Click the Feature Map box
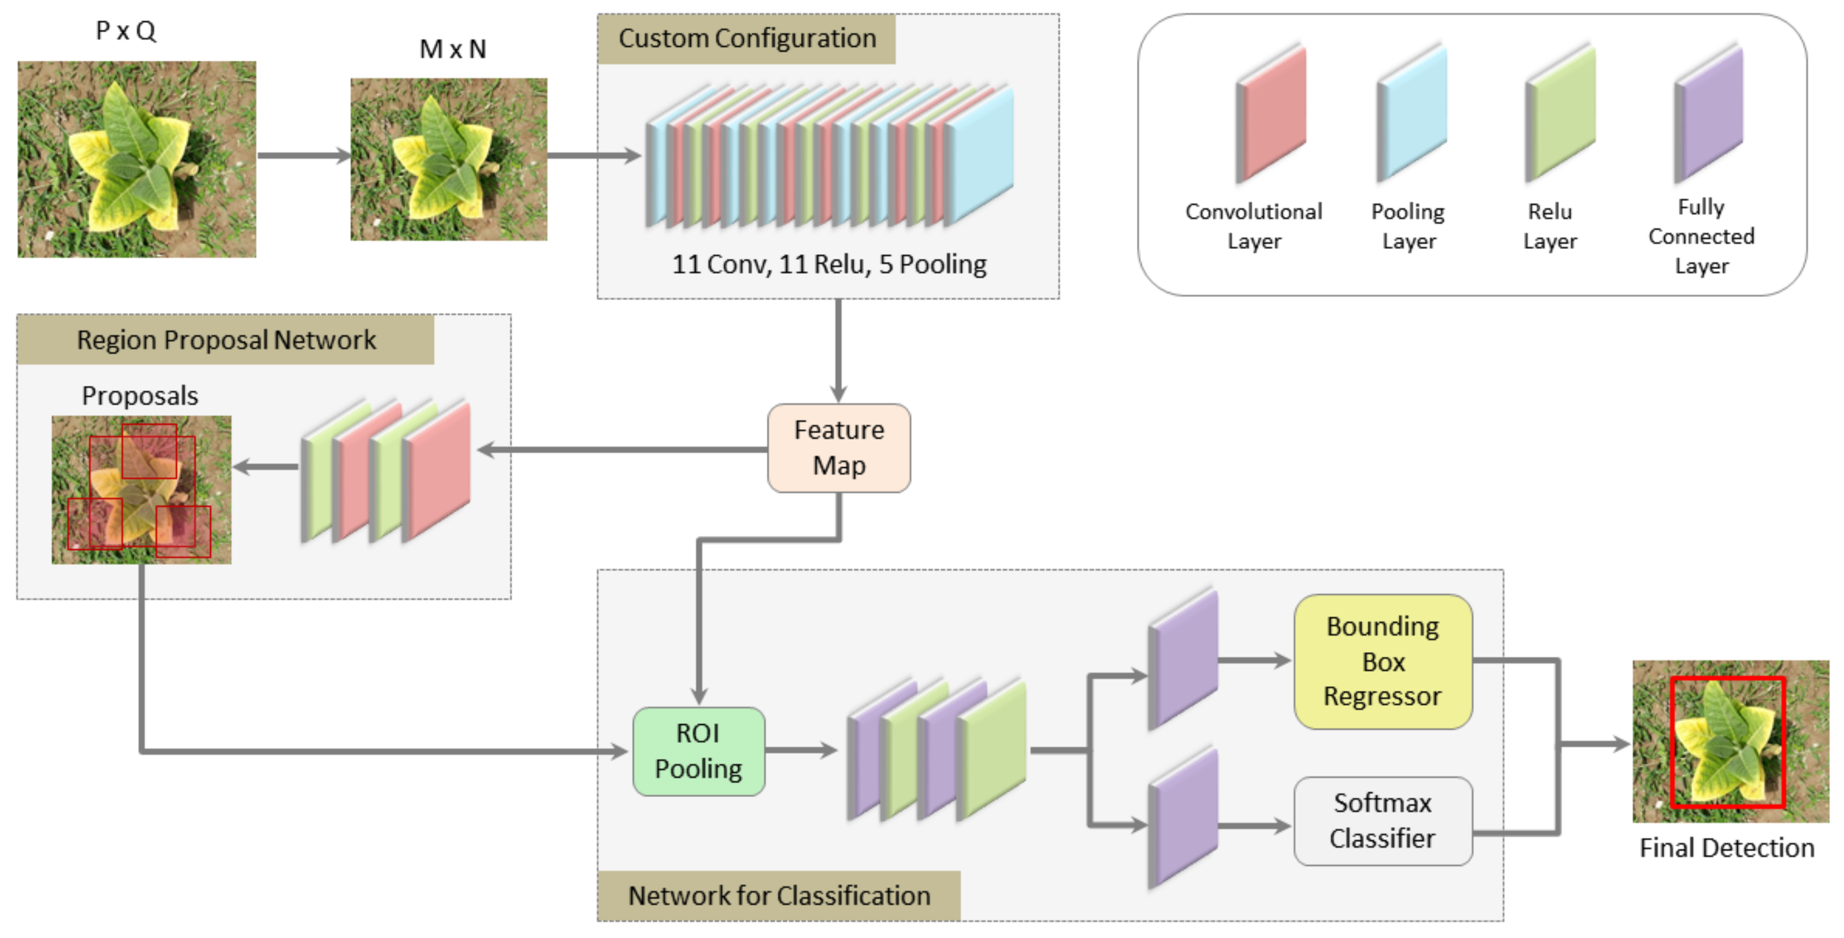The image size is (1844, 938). (838, 448)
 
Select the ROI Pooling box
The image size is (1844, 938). (698, 751)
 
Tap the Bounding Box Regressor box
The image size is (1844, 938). (1382, 662)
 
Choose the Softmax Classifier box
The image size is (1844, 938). (1382, 821)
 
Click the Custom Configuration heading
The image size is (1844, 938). (746, 39)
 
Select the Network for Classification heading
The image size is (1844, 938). (779, 896)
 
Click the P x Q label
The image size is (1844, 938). (126, 31)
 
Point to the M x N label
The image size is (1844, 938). (452, 49)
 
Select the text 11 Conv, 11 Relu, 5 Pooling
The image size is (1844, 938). (829, 265)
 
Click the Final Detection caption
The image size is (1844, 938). (1727, 848)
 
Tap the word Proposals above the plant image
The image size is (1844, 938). (140, 396)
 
